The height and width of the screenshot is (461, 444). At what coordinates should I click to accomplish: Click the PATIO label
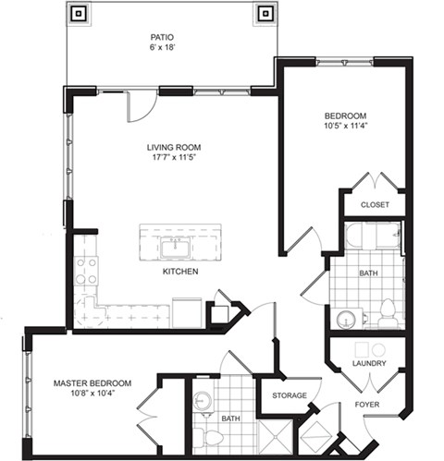click(164, 39)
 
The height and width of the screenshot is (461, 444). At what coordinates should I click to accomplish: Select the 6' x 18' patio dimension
click(164, 51)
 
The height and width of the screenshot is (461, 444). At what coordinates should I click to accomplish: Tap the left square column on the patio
click(79, 14)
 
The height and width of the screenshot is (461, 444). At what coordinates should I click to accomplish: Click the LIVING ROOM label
click(173, 147)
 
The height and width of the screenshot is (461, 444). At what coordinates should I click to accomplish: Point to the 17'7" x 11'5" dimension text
click(173, 158)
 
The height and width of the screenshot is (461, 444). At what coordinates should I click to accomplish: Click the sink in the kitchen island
click(172, 248)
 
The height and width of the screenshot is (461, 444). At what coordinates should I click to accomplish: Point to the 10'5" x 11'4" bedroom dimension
click(346, 128)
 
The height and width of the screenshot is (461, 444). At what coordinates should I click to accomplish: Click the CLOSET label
click(375, 204)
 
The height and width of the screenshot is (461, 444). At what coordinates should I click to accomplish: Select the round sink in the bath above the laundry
click(345, 318)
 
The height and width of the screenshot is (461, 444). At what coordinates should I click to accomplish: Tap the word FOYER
click(368, 404)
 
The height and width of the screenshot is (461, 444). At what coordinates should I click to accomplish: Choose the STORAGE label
click(288, 396)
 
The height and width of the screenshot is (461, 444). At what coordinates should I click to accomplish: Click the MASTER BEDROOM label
click(91, 383)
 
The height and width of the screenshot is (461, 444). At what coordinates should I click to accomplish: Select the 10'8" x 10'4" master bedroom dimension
click(91, 394)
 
